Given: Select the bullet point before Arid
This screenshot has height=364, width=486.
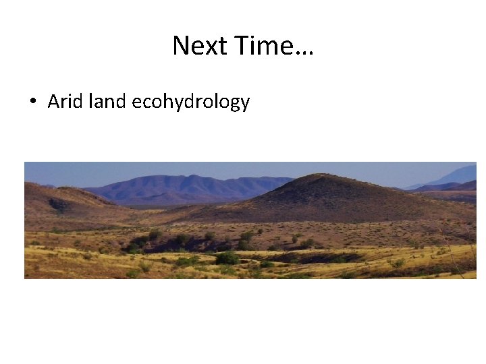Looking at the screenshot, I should click(x=32, y=102).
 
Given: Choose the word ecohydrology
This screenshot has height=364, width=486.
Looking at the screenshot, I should click(x=191, y=102).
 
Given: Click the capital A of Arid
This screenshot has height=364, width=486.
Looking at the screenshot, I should click(x=53, y=102).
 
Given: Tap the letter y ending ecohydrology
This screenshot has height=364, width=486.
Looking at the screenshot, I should click(x=245, y=104).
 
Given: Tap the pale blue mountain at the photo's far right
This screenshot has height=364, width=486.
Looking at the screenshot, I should click(x=459, y=175).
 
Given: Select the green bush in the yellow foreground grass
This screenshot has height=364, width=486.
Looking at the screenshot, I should click(x=227, y=257).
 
